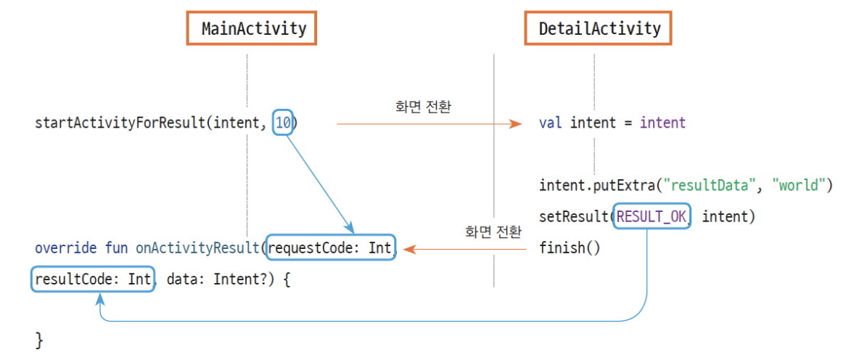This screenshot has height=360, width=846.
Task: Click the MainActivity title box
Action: point(254,29)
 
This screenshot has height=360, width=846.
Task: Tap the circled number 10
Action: point(284,123)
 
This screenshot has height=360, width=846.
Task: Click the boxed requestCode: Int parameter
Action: point(330,248)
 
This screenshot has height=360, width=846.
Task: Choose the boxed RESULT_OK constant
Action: point(652,216)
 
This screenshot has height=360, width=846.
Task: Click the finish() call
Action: point(570,248)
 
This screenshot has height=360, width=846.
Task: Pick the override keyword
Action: point(65,248)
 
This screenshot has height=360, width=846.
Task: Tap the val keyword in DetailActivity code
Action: point(551,123)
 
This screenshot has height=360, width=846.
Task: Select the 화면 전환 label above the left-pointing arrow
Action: point(493,232)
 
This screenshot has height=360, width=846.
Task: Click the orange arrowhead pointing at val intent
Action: point(516,123)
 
